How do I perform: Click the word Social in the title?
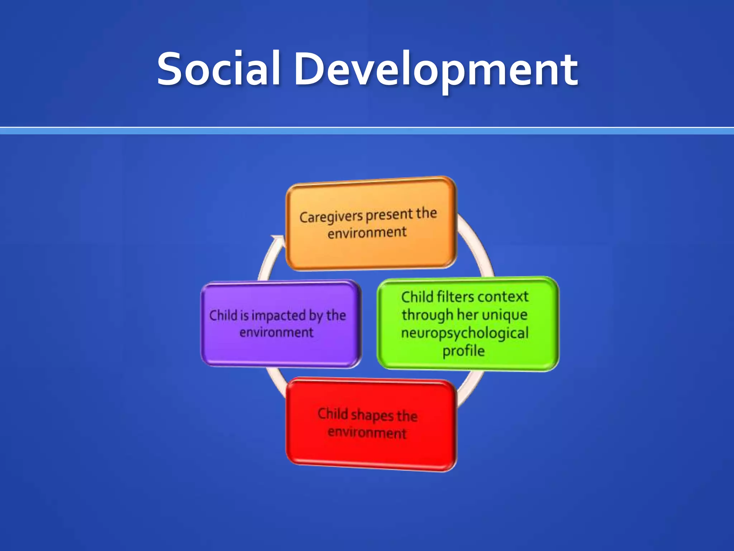[x=218, y=69]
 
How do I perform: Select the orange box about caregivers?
[x=371, y=251]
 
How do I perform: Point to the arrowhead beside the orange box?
[x=278, y=240]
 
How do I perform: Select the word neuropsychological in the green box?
[x=464, y=333]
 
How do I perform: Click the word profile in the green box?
[x=463, y=351]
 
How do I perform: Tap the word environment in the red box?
[x=367, y=433]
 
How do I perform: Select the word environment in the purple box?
[x=276, y=333]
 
